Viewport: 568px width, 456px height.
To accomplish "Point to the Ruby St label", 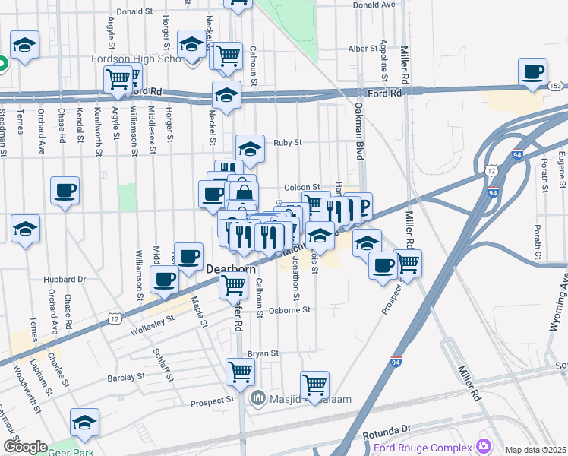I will (288, 142).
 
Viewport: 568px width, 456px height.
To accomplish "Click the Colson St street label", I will (302, 187).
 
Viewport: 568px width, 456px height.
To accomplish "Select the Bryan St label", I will (263, 353).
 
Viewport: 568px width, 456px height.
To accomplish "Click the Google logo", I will (24, 447).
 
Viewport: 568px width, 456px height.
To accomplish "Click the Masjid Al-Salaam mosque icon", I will (258, 397).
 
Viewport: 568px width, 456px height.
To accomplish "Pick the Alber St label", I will (363, 49).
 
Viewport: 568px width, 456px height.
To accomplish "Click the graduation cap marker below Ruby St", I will (250, 149).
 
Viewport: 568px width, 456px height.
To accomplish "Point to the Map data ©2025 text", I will (536, 450).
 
